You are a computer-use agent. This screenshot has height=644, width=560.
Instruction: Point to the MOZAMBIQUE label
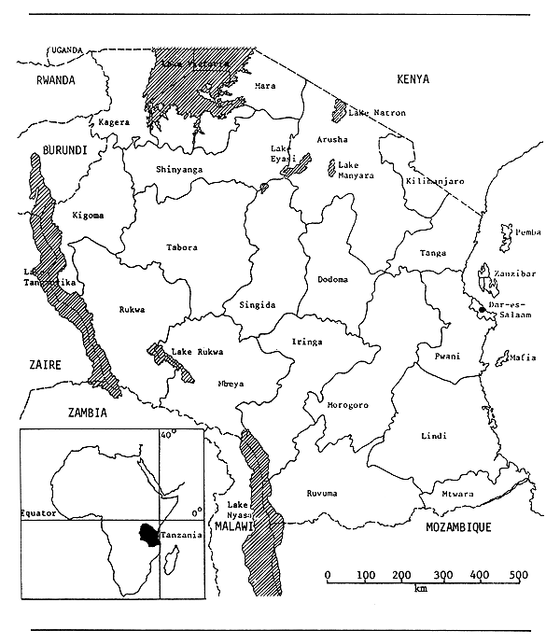pos(457,527)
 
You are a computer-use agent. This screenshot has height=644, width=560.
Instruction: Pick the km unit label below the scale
pos(422,590)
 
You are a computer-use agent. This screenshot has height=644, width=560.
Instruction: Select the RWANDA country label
pos(55,80)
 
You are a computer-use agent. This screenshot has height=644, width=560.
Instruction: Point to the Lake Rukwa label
pos(194,352)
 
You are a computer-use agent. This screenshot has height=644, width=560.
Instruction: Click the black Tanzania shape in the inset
pos(147,534)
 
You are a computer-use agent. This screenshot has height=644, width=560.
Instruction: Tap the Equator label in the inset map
pos(39,513)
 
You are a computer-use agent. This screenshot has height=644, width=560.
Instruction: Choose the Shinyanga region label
pos(180,169)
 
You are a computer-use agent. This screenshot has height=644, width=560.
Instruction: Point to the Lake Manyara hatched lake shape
pos(330,169)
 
